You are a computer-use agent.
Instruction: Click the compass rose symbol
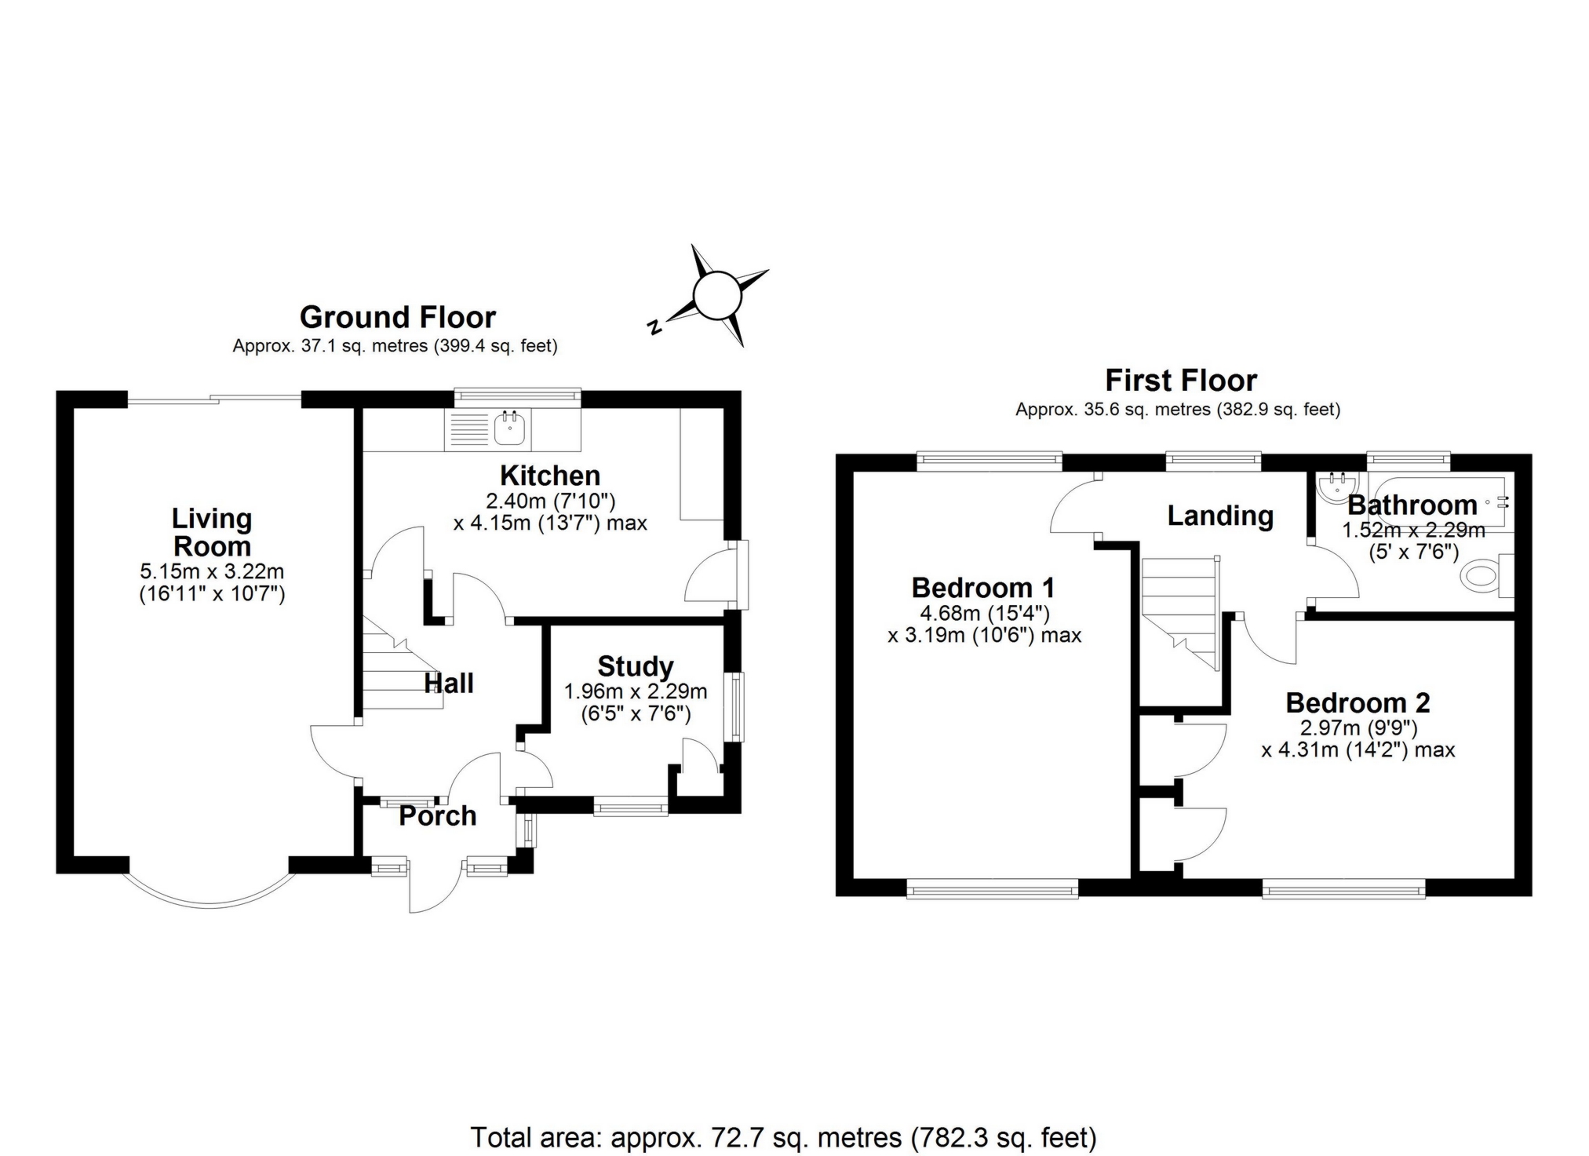[716, 296]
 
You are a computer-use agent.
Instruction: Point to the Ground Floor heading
[397, 317]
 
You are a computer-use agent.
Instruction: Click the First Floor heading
[1180, 381]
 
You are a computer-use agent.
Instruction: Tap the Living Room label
[212, 532]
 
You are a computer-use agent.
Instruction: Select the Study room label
[635, 666]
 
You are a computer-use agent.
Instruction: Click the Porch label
[437, 816]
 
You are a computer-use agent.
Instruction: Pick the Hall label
[449, 683]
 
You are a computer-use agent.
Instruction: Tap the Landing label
[1219, 516]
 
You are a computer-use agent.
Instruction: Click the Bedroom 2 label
[1358, 702]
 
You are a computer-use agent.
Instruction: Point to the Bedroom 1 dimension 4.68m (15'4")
[984, 612]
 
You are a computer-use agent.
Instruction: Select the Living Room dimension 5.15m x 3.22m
[212, 572]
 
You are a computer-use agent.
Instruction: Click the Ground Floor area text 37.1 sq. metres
[395, 346]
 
